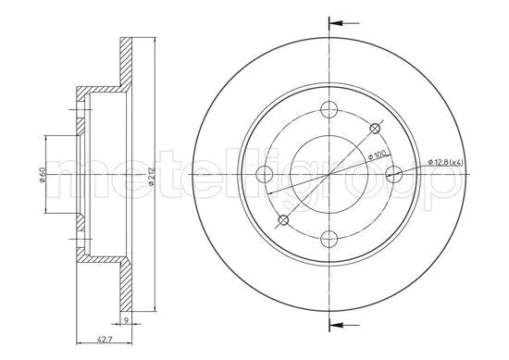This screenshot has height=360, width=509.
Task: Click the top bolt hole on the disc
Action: click(329, 110)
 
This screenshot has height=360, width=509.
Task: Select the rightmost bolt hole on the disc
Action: click(392, 173)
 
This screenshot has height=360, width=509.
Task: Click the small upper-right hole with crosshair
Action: click(375, 128)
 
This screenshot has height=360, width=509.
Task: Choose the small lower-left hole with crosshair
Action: click(284, 218)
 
